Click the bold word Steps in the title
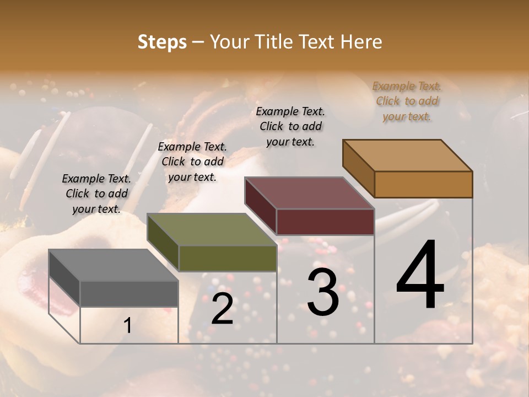162,42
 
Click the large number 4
420,276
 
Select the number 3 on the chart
323,293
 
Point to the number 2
223,309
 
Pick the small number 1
128,326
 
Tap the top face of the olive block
211,229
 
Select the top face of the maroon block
309,193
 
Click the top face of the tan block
407,155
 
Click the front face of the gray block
129,293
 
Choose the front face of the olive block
227,258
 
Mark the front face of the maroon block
325,222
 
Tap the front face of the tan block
423,184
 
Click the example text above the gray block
96,194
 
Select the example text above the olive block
192,162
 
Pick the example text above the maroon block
290,126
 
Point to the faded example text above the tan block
407,101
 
